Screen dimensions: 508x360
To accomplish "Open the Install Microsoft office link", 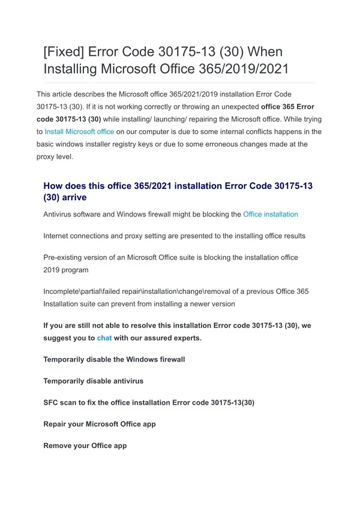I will coord(79,131).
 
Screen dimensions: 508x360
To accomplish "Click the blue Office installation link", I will coord(270,214).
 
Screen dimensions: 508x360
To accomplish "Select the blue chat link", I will coord(104,338).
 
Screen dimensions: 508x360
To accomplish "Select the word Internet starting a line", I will coord(59,236).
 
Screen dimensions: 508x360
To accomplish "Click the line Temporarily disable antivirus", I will coord(94,381).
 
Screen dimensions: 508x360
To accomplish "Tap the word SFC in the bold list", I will coord(52,402).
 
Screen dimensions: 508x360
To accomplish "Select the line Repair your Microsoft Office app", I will coord(100,424).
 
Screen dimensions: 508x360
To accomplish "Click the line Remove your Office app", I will coord(85,446).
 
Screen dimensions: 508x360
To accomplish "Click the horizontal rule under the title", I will coord(179,83).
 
